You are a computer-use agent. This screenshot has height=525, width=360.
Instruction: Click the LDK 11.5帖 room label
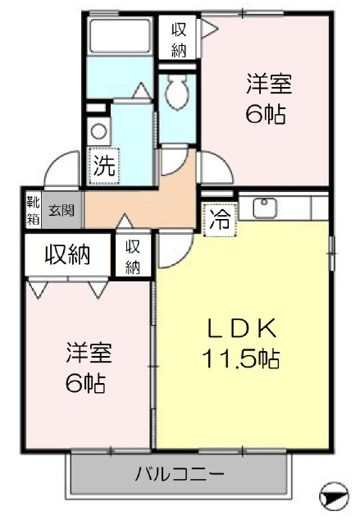[x=240, y=343]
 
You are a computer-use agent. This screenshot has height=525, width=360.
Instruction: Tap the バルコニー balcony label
[x=180, y=474]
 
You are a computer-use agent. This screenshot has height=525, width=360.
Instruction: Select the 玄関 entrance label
[x=62, y=210]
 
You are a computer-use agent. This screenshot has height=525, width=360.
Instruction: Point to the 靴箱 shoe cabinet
[x=33, y=211]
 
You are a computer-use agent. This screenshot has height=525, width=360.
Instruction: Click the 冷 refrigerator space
[x=220, y=220]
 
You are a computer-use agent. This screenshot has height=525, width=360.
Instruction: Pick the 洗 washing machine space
[x=103, y=166]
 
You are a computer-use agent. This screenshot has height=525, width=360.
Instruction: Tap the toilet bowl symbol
[x=177, y=92]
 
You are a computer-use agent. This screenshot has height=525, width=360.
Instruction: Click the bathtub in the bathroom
[x=120, y=36]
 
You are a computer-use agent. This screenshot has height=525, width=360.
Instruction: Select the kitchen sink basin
[x=265, y=208]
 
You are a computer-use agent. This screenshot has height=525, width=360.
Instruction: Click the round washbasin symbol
[x=98, y=131]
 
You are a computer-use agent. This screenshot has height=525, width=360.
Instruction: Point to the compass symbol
[x=334, y=495]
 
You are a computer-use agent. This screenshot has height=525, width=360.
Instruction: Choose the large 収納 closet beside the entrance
[x=67, y=254]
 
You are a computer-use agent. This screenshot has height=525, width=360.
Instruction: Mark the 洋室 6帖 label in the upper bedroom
[x=267, y=99]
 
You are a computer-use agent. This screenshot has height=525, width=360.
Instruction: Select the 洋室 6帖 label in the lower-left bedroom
[x=88, y=367]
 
